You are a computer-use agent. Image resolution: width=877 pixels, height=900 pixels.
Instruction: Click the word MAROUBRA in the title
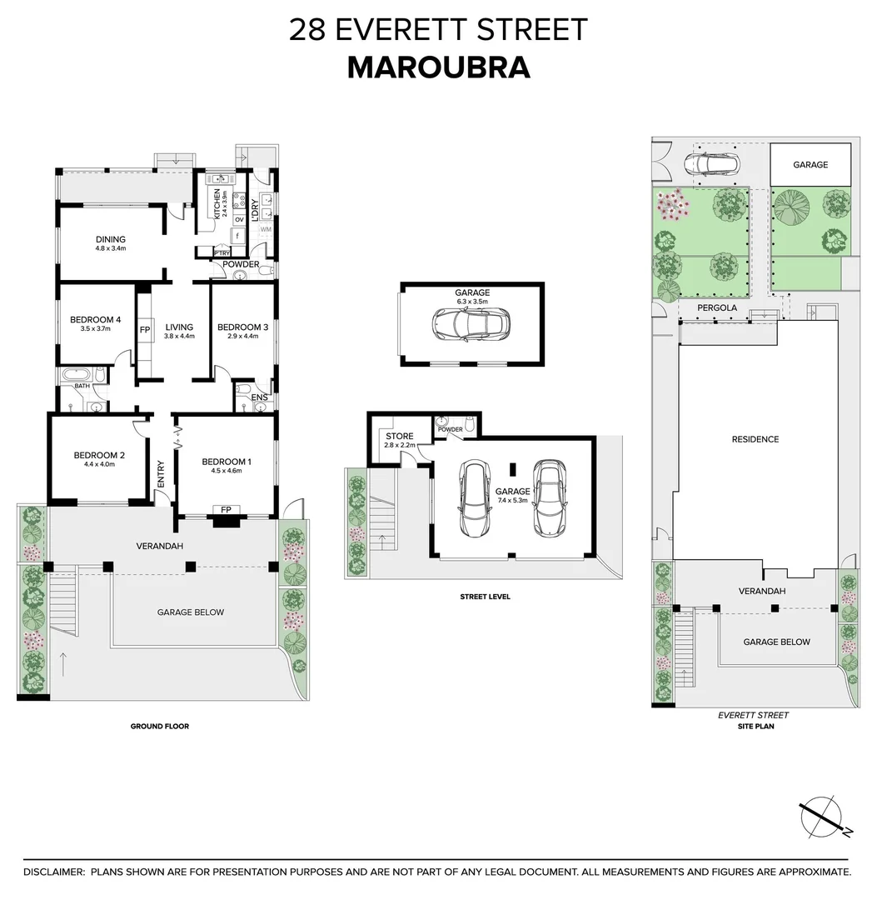pyautogui.click(x=438, y=67)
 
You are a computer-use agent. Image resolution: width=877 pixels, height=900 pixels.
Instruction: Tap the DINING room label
pyautogui.click(x=110, y=239)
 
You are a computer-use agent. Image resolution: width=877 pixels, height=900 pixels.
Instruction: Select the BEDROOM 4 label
pyautogui.click(x=96, y=319)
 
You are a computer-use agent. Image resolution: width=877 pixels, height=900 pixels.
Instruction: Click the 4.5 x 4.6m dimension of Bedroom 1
pyautogui.click(x=226, y=472)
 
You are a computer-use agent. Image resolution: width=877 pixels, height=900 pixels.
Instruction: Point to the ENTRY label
pyautogui.click(x=162, y=474)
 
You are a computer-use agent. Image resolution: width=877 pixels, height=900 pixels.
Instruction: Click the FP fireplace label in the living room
pyautogui.click(x=144, y=330)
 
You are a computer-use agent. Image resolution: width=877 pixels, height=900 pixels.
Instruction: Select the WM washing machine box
pyautogui.click(x=266, y=229)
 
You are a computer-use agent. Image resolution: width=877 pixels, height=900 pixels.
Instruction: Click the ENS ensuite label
pyautogui.click(x=260, y=398)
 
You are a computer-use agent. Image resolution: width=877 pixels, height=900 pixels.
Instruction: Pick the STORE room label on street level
pyautogui.click(x=394, y=435)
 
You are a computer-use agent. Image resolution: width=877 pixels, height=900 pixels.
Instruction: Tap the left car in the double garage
pyautogui.click(x=475, y=499)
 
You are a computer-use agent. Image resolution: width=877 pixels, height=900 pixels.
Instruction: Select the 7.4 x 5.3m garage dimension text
pyautogui.click(x=512, y=501)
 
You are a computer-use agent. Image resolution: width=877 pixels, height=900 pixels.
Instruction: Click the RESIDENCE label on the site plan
pyautogui.click(x=755, y=439)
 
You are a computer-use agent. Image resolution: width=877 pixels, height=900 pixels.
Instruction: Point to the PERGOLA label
pyautogui.click(x=717, y=307)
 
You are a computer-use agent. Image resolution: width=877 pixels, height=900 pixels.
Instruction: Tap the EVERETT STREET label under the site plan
pyautogui.click(x=753, y=715)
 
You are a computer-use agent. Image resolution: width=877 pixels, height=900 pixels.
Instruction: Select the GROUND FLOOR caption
pyautogui.click(x=159, y=727)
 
